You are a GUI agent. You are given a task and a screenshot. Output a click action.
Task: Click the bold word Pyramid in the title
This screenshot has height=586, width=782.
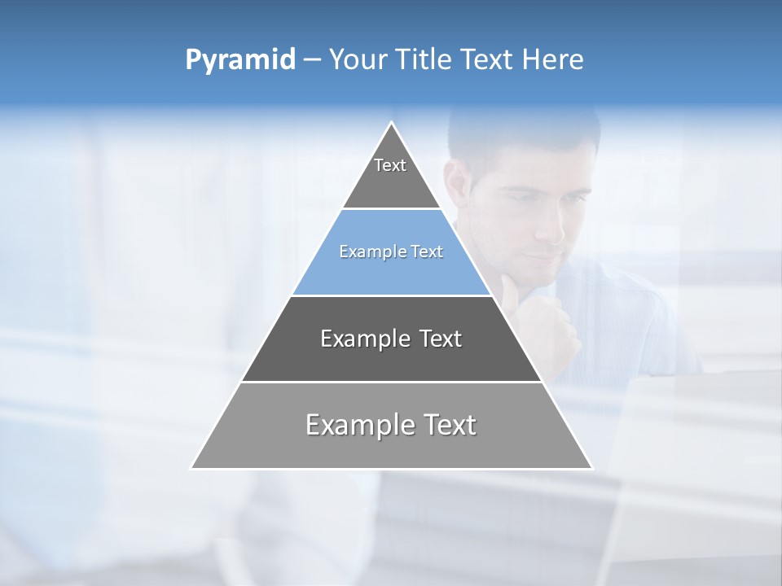[x=240, y=60]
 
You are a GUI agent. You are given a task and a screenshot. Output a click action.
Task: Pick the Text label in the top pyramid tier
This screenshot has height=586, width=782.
[x=390, y=165]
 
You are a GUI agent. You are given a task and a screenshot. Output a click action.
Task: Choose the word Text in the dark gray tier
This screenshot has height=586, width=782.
[x=442, y=339]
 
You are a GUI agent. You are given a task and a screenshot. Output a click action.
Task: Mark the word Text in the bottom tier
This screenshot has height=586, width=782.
[x=449, y=425]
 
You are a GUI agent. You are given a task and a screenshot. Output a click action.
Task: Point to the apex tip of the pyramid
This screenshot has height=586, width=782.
[x=392, y=123]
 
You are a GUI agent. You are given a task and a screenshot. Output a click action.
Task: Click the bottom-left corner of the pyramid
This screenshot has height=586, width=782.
[x=191, y=468]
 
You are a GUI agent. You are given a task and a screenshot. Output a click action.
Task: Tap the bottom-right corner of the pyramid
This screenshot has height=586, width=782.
[x=592, y=468]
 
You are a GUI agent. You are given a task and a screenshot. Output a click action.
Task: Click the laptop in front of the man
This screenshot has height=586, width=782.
[x=692, y=456]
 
